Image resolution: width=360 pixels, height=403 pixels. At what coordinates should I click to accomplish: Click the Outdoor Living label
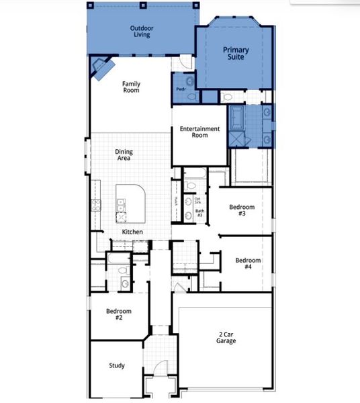click(141, 31)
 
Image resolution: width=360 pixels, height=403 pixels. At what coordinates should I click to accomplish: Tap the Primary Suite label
click(235, 54)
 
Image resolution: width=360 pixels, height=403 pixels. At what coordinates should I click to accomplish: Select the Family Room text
click(131, 87)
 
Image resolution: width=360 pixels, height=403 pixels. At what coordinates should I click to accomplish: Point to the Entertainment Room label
click(199, 132)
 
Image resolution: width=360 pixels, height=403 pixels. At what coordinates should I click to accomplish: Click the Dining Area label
click(124, 155)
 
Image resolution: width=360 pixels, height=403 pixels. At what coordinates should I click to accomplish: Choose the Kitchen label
click(132, 232)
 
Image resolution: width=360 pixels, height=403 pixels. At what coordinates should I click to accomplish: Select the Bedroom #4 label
click(248, 263)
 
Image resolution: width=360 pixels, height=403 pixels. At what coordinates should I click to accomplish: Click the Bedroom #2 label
click(118, 314)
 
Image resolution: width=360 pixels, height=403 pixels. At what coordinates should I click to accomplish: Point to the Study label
click(117, 366)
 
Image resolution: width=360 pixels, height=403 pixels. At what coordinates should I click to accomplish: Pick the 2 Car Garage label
click(226, 337)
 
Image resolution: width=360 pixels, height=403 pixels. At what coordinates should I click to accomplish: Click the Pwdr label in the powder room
click(181, 89)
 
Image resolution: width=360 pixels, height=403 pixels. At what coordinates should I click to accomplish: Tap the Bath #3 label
click(199, 214)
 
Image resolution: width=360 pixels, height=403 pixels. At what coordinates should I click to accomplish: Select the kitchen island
click(132, 201)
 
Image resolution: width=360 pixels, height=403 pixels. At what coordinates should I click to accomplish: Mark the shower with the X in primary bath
click(237, 139)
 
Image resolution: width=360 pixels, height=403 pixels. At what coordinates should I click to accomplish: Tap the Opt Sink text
click(198, 201)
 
